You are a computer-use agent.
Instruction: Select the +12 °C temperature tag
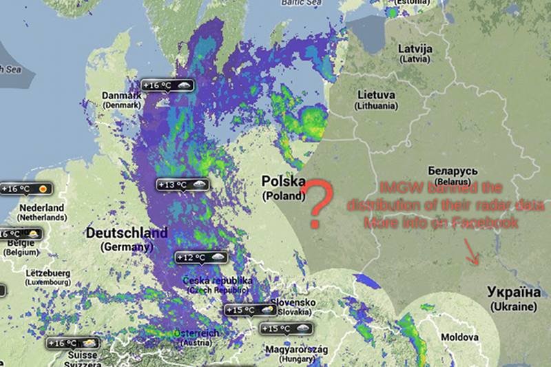(x=200, y=258)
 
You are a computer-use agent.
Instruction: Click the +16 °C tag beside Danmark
(x=167, y=85)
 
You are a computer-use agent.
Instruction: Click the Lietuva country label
(x=376, y=95)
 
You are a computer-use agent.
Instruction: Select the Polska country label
(x=283, y=182)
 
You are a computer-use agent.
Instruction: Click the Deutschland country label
(x=126, y=233)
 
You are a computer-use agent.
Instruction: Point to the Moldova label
(x=459, y=337)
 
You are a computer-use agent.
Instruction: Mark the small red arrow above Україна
(x=472, y=252)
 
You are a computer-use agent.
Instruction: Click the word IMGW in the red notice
(x=395, y=187)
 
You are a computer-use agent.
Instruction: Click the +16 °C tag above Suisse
(x=72, y=342)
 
